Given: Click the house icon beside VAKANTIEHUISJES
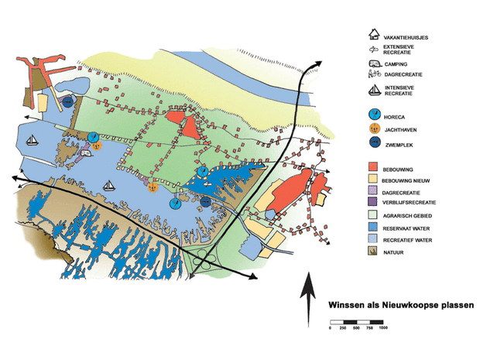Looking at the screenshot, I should point(374,35).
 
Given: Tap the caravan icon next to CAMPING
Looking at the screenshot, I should point(374,64).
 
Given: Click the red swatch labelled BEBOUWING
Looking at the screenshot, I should point(374,166).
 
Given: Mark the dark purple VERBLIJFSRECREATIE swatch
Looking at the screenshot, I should point(374,203).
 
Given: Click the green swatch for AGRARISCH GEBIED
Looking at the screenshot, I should point(374,215).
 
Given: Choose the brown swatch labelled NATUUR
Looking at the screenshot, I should point(374,252).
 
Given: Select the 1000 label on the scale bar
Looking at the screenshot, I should point(382,328).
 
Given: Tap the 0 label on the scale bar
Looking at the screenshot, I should point(331,328).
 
